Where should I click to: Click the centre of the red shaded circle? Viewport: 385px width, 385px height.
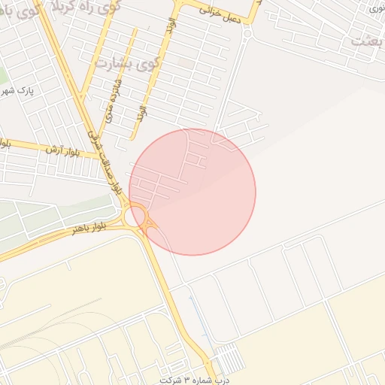pos(192,192)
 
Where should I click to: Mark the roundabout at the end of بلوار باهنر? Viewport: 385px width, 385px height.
pos(139,218)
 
